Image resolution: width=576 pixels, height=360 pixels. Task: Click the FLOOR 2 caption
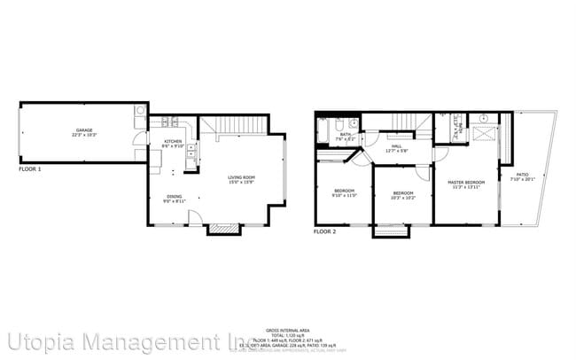pos(324,231)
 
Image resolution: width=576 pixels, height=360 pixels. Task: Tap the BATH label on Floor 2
pos(345,136)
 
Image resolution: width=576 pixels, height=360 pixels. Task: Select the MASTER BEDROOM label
pos(467,184)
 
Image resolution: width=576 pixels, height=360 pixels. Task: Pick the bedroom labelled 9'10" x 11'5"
pos(345,192)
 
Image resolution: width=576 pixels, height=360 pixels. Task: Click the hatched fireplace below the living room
pos(224,229)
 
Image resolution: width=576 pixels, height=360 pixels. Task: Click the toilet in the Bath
pos(352,123)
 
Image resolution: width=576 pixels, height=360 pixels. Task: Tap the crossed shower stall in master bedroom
pos(485,132)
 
